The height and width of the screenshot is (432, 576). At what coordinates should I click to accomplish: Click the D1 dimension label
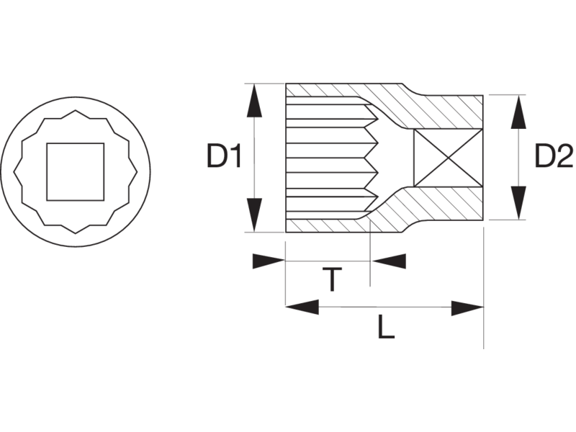223,157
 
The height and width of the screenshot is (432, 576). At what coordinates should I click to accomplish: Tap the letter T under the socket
329,279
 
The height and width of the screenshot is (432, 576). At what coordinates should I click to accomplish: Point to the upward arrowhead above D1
253,101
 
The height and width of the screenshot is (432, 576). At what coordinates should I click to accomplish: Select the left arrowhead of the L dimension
302,307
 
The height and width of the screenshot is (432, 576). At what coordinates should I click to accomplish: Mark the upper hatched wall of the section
432,104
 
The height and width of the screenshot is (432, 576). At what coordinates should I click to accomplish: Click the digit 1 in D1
233,157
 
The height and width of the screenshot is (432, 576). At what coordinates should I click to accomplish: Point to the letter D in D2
542,156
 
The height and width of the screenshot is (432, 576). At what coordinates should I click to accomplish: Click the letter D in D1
215,157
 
